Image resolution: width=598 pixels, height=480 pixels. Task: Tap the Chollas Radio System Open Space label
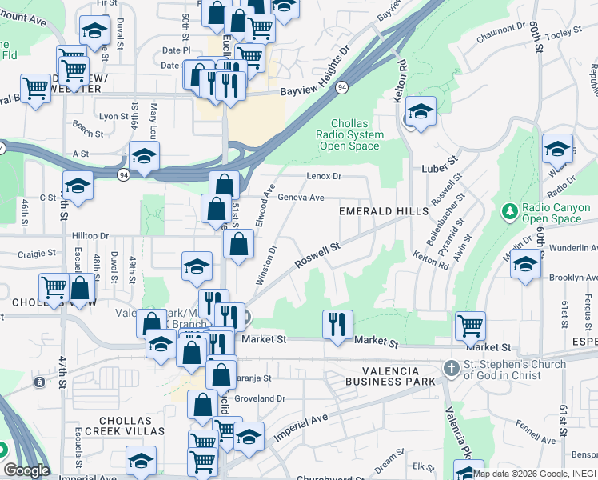point(350,134)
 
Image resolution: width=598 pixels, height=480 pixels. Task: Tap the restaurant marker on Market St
point(337,323)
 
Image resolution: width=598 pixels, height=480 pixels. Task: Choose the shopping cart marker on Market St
point(470,325)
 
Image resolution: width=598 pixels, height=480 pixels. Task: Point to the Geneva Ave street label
point(301,198)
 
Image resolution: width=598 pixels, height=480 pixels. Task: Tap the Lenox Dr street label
point(324,176)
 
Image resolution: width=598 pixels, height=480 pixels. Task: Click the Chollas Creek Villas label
point(132,426)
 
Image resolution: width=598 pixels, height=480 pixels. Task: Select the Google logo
point(26,470)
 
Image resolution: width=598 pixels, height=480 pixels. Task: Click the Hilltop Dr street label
point(90,236)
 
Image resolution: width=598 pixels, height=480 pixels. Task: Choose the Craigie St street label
point(37,253)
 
